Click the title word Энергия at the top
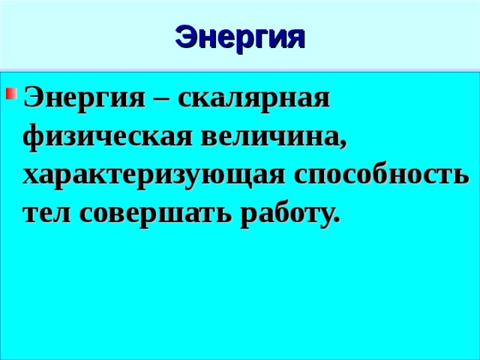pyautogui.click(x=240, y=39)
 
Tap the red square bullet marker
pyautogui.click(x=11, y=93)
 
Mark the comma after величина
pyautogui.click(x=343, y=146)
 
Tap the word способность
pyautogui.click(x=382, y=177)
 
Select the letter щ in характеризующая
pyautogui.click(x=241, y=180)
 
